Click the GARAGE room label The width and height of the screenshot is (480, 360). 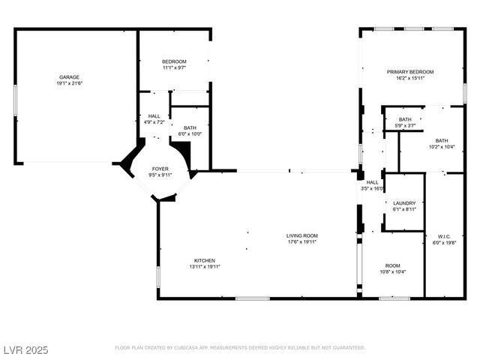pos(70,76)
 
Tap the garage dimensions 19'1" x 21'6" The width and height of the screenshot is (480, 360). pos(70,83)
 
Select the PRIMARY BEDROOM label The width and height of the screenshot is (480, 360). pos(410,72)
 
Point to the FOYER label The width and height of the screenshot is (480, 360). pos(160,169)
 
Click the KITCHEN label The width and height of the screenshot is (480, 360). pos(205,259)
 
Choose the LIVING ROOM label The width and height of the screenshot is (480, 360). pos(301,235)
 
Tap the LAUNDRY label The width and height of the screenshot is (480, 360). pos(403,202)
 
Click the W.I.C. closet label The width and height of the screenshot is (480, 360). pos(444,235)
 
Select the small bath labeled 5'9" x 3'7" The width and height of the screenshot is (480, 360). pos(405,120)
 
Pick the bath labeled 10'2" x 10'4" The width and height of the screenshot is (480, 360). pos(442,141)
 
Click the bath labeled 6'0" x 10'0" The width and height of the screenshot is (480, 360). pos(190,128)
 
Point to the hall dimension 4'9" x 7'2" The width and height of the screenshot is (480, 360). pos(154,121)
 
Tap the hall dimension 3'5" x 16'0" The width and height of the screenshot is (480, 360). pos(373,189)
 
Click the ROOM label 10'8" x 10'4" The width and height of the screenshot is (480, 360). pos(393,265)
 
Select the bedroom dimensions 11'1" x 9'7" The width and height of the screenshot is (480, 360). pos(174,67)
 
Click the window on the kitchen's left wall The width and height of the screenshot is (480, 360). pos(158,276)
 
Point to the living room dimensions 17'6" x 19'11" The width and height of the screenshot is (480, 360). pos(301,242)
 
